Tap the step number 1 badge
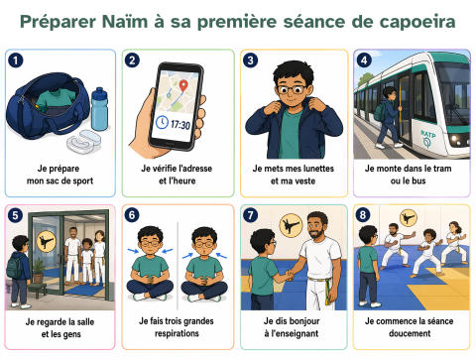click(16, 60)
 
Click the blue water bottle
click(99, 109)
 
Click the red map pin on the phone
click(183, 85)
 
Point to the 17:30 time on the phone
click(180, 125)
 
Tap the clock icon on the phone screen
click(162, 122)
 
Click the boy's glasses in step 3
click(292, 89)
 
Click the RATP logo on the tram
click(428, 138)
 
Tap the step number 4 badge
click(364, 60)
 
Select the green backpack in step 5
click(15, 267)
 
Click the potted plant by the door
click(39, 270)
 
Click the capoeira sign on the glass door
click(47, 241)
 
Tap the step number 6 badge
click(132, 215)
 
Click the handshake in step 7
click(290, 275)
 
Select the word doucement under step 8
click(410, 333)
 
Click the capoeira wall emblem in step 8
click(409, 218)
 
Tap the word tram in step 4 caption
click(442, 169)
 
